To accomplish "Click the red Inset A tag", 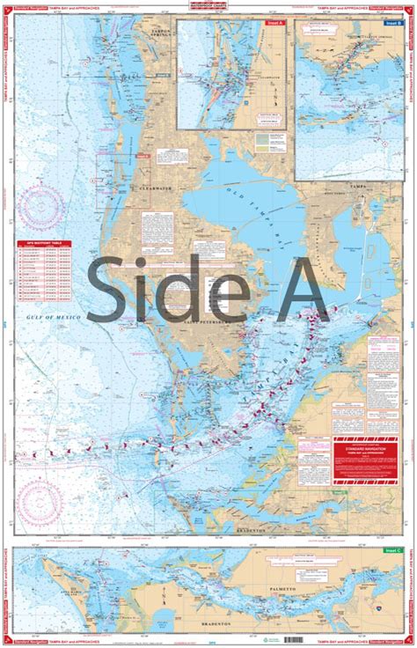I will click(275, 24).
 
